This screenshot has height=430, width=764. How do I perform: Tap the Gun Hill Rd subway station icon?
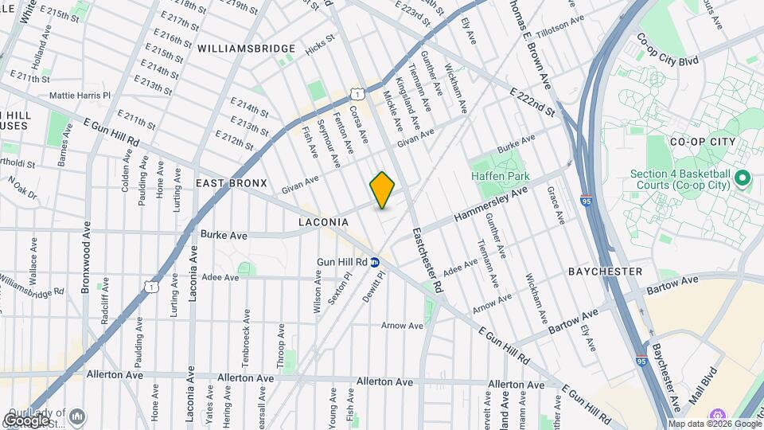(x=375, y=261)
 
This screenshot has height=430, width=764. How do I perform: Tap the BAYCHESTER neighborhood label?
(x=605, y=272)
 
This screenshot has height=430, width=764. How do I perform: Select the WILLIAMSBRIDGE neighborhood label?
(x=247, y=49)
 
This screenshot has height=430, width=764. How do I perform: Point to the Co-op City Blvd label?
(x=666, y=38)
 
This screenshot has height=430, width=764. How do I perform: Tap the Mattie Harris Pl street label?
(x=80, y=95)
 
